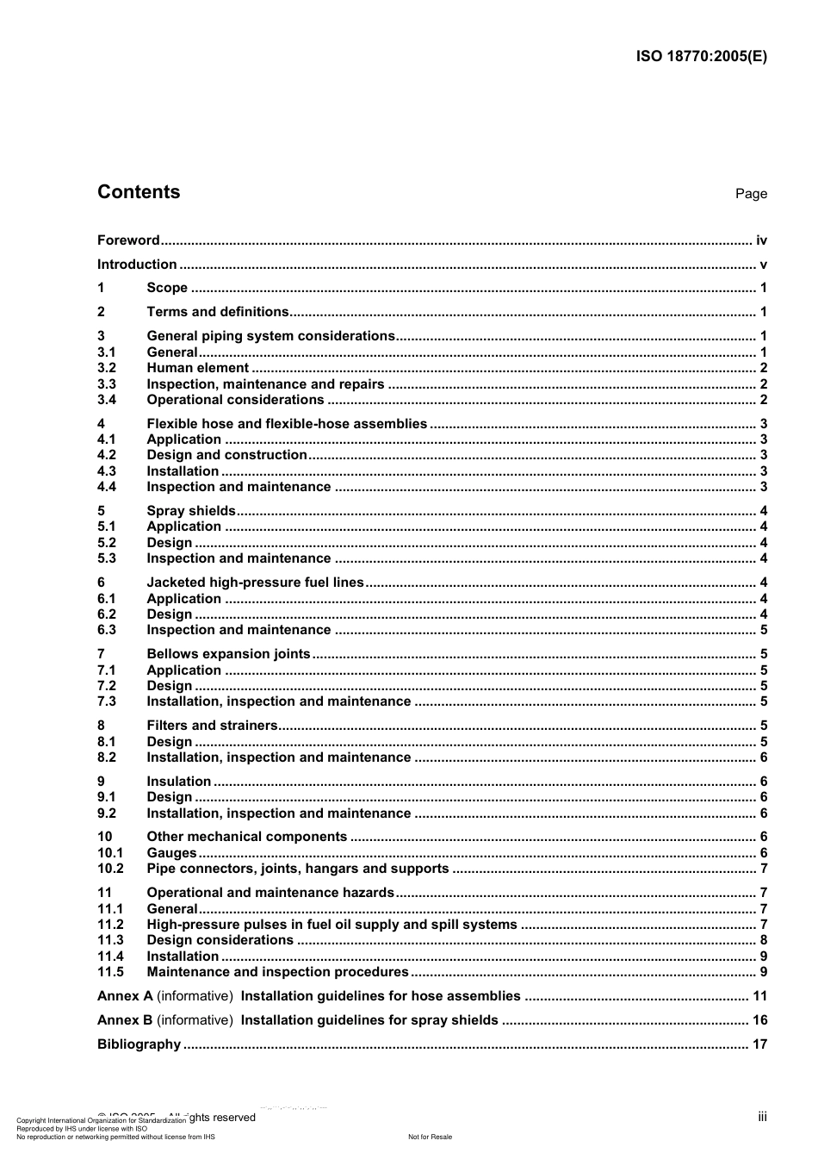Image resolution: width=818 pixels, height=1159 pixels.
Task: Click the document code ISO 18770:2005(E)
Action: [x=701, y=57]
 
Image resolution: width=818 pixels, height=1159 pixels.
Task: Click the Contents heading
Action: [x=139, y=192]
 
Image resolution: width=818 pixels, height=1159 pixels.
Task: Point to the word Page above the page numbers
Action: [x=751, y=194]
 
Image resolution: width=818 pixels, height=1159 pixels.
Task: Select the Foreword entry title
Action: [x=128, y=240]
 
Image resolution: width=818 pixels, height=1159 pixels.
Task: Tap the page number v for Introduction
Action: [x=763, y=265]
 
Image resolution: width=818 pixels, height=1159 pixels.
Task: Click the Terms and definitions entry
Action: [x=218, y=312]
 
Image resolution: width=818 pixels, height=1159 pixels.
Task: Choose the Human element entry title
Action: [x=197, y=368]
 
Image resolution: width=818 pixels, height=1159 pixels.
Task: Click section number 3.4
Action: [x=107, y=400]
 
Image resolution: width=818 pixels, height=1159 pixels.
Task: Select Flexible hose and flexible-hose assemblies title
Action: [x=287, y=424]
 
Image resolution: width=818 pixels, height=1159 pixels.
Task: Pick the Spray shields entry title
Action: [x=190, y=511]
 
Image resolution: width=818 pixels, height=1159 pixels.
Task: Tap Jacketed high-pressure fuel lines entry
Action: [x=255, y=583]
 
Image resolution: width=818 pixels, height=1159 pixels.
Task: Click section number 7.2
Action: [x=107, y=686]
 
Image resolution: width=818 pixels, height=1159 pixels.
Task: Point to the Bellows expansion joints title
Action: [x=228, y=654]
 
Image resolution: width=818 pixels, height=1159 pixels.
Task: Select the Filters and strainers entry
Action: [x=212, y=726]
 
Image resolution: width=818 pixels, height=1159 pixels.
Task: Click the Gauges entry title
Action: [x=171, y=853]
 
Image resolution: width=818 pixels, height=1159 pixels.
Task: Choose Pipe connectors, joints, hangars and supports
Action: [x=297, y=869]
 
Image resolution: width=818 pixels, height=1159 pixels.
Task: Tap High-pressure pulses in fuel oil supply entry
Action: [x=332, y=925]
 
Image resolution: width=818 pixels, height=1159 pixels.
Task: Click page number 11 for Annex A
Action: [x=759, y=996]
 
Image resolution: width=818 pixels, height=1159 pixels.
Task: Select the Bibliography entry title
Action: [x=139, y=1044]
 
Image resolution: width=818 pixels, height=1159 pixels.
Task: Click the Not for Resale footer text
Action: [x=430, y=1137]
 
